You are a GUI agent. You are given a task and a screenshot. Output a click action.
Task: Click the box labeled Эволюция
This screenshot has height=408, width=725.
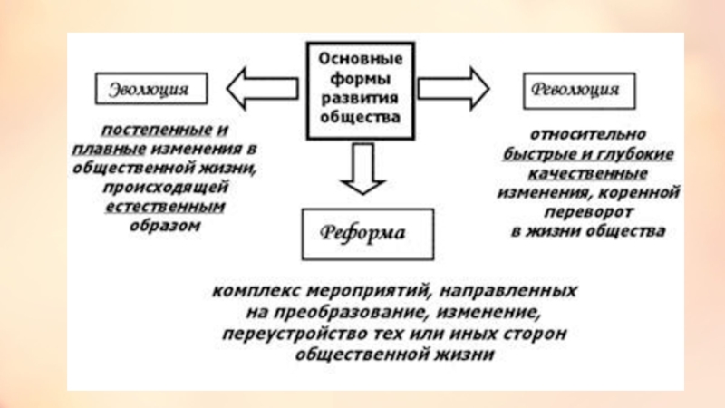coord(150,89)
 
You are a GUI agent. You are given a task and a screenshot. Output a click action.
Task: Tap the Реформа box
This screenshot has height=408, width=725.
coord(364,232)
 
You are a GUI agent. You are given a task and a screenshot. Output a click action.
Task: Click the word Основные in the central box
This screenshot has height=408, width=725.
coord(360,58)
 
